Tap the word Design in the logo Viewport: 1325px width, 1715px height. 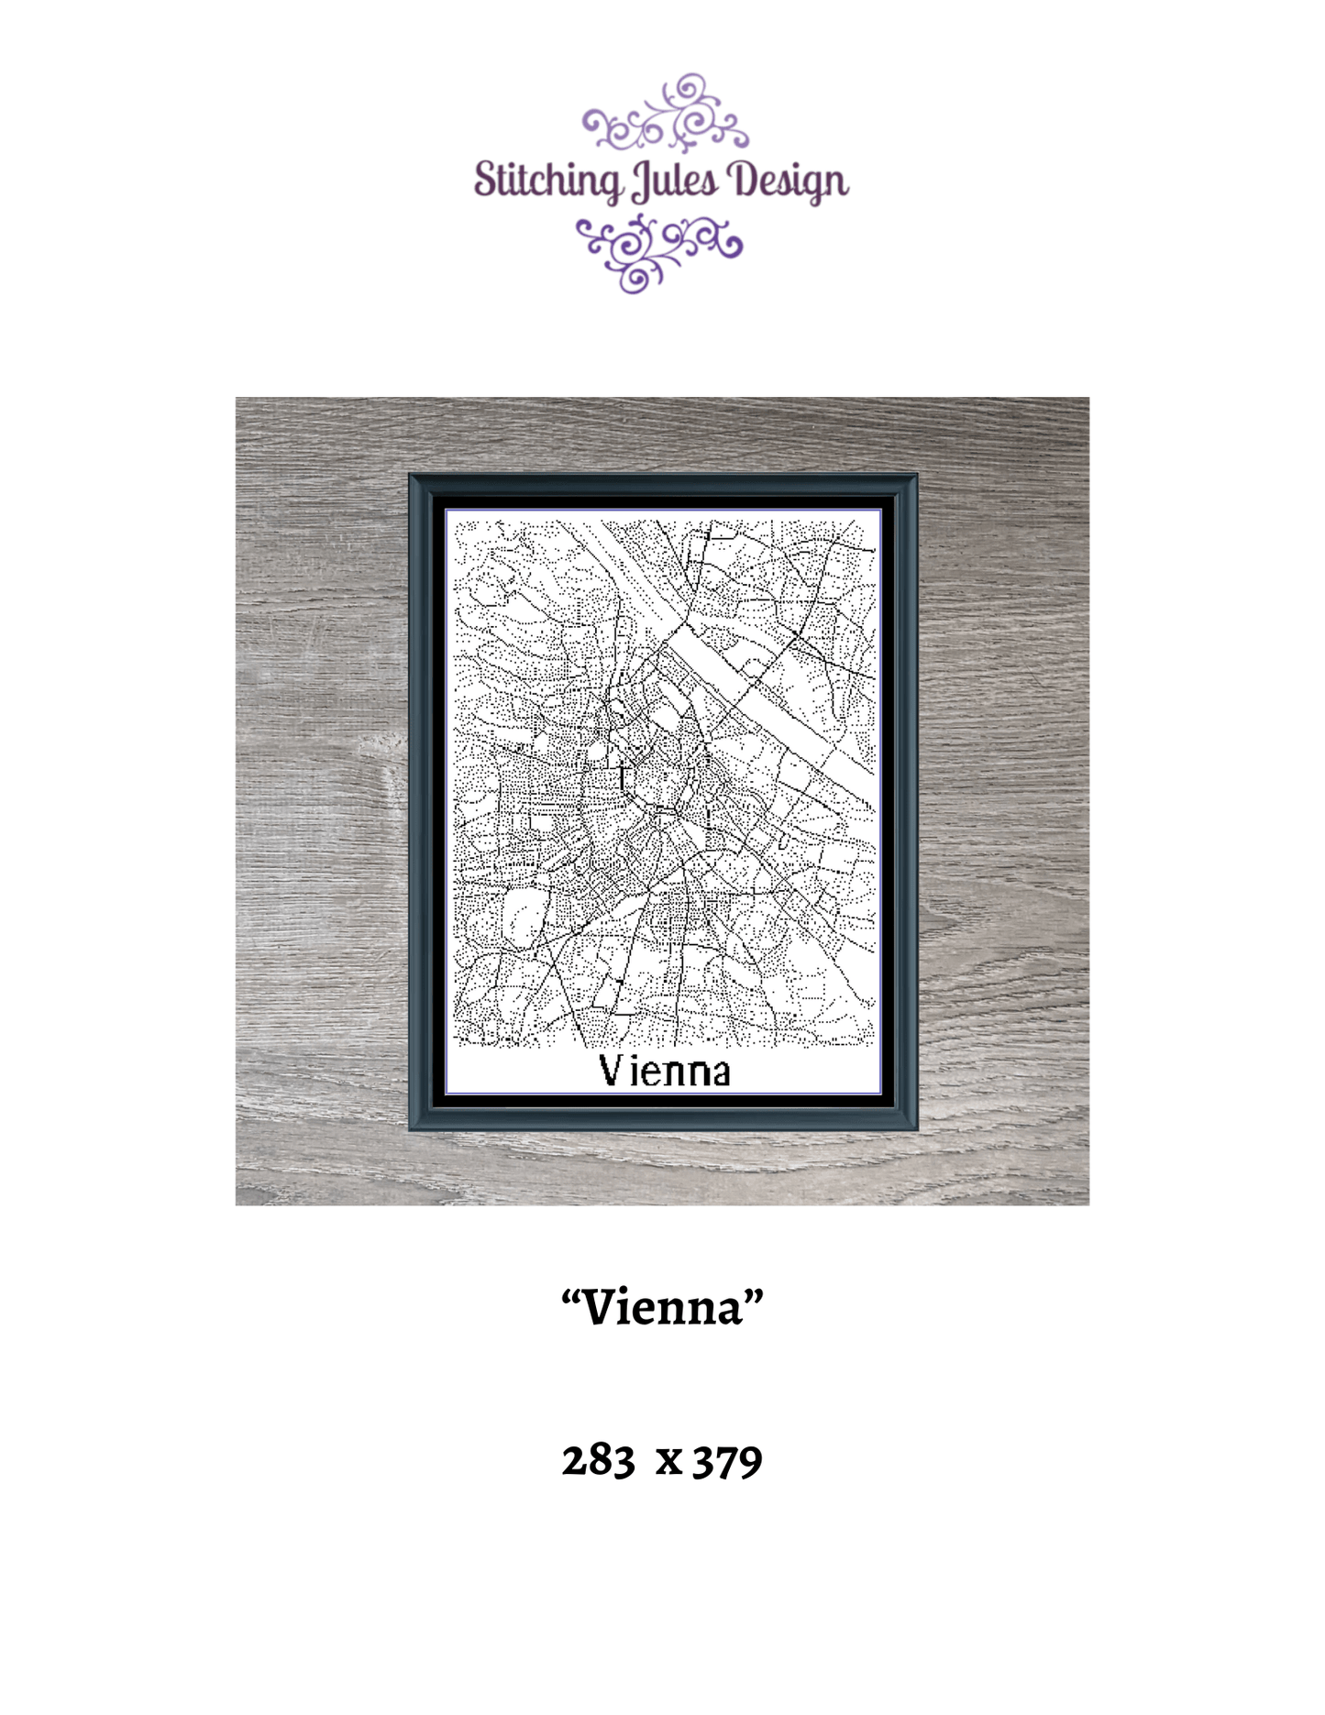788,180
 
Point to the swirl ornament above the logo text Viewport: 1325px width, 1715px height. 666,115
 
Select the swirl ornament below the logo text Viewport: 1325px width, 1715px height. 658,250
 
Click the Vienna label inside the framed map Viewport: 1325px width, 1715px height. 664,1071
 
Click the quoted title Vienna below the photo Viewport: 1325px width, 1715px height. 662,1306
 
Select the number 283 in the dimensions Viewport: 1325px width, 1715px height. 598,1460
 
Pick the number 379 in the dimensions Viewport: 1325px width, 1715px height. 727,1460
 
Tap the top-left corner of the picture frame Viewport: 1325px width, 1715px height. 413,478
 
